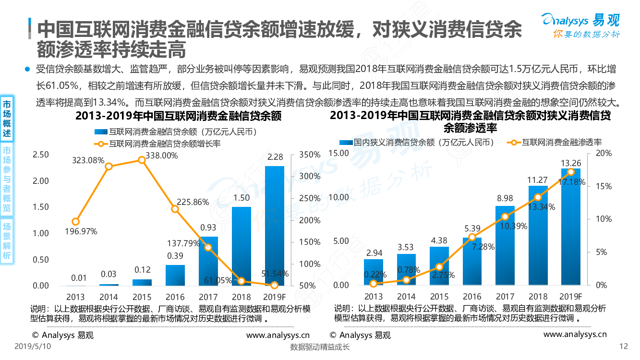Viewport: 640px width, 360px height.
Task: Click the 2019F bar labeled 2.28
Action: pyautogui.click(x=274, y=226)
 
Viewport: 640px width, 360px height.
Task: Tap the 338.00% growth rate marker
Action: pyautogui.click(x=142, y=160)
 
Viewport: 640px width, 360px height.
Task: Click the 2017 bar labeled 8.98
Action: pyautogui.click(x=505, y=245)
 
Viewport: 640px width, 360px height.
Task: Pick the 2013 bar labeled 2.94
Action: pyautogui.click(x=373, y=272)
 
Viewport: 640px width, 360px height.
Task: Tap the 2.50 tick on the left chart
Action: pyautogui.click(x=41, y=155)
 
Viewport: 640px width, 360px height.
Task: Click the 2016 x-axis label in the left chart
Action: pyautogui.click(x=175, y=297)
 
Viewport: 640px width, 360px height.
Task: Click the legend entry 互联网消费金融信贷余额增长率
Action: pyautogui.click(x=158, y=143)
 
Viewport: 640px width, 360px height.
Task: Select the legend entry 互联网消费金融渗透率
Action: pyautogui.click(x=557, y=142)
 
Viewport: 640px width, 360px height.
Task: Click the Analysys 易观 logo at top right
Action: pyautogui.click(x=580, y=24)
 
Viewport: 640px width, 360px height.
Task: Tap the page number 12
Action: pyautogui.click(x=624, y=347)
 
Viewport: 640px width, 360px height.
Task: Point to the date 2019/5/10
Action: pyautogui.click(x=33, y=346)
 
